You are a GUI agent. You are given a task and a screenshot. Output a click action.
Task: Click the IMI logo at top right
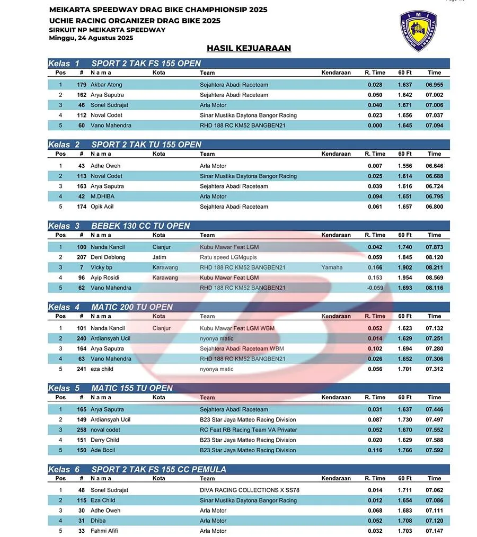(418, 30)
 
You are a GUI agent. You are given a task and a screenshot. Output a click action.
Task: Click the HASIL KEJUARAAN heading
(249, 48)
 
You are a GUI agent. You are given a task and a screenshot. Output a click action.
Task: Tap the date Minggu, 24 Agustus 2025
(91, 38)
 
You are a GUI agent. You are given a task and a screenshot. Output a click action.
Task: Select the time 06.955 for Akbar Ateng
(434, 85)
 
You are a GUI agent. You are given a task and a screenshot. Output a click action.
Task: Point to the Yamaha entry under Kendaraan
(332, 267)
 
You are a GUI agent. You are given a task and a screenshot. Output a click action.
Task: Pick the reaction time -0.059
(375, 288)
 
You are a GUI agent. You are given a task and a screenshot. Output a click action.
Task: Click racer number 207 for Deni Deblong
(81, 257)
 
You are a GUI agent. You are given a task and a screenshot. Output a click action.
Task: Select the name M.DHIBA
(102, 196)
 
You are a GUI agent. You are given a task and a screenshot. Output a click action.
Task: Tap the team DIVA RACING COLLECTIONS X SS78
(249, 490)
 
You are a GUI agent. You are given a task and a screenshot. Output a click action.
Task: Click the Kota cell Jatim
(159, 257)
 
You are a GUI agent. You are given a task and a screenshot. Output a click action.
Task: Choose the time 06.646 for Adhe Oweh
(434, 166)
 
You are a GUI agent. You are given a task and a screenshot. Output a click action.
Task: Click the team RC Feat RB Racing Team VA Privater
(248, 430)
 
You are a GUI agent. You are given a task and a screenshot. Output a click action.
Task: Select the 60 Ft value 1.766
(405, 450)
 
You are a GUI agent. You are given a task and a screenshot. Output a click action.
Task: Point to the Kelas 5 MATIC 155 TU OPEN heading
(132, 388)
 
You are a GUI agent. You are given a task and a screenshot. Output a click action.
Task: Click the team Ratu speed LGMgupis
(228, 257)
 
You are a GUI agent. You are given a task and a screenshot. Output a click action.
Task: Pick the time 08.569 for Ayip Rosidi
(434, 278)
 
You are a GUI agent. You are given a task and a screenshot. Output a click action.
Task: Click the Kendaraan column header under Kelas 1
(336, 73)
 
